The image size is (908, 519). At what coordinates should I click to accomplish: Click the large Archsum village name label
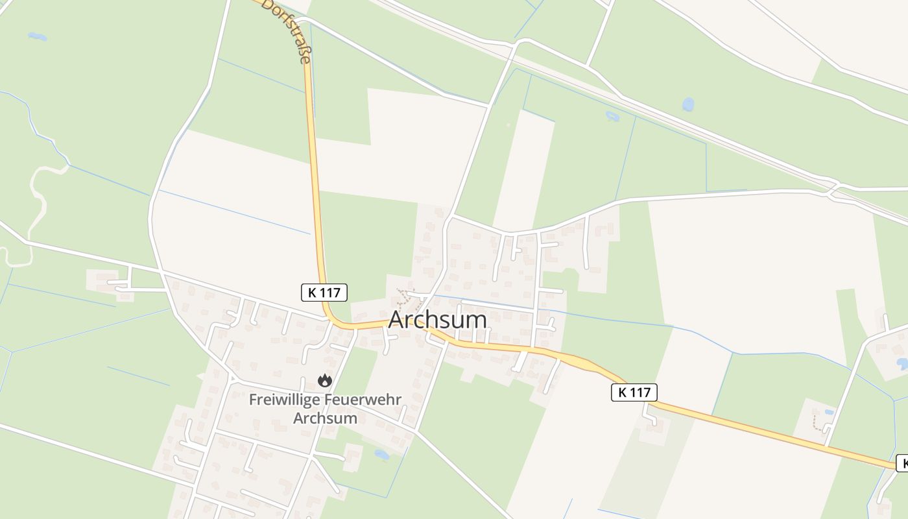pyautogui.click(x=437, y=320)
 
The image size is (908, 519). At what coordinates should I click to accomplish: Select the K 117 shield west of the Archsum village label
pyautogui.click(x=324, y=293)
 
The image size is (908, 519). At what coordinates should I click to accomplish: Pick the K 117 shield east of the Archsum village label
pyautogui.click(x=634, y=392)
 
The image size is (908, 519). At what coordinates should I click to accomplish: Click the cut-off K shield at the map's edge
pyautogui.click(x=902, y=463)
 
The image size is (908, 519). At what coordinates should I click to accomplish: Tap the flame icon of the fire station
pyautogui.click(x=325, y=380)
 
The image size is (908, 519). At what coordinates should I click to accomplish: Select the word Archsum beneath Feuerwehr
pyautogui.click(x=325, y=418)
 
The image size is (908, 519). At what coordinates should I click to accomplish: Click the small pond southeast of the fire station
pyautogui.click(x=381, y=455)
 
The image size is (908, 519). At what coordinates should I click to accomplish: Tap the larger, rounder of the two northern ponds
pyautogui.click(x=687, y=104)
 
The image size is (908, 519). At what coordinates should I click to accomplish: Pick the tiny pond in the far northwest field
pyautogui.click(x=37, y=36)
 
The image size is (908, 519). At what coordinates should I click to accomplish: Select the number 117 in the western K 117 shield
pyautogui.click(x=330, y=293)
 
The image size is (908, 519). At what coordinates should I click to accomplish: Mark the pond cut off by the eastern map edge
pyautogui.click(x=902, y=363)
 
